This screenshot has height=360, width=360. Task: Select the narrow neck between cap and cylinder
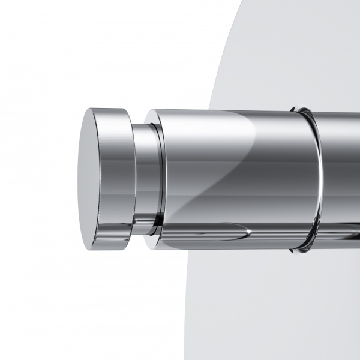[x=144, y=179]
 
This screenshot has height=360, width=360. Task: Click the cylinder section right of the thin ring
[x=342, y=180]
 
